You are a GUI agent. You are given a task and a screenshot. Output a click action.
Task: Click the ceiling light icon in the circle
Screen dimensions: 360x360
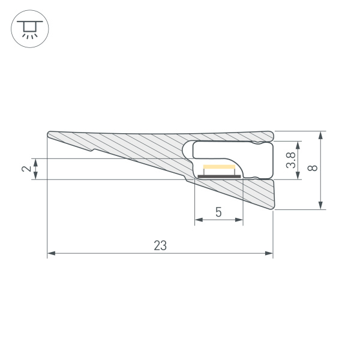29,29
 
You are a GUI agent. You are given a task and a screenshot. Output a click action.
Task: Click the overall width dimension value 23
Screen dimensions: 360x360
160,245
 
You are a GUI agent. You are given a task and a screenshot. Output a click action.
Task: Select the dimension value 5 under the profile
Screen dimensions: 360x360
218,212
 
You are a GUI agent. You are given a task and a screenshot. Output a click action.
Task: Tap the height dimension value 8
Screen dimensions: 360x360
311,169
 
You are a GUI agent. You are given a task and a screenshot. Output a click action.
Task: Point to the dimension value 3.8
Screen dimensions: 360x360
290,160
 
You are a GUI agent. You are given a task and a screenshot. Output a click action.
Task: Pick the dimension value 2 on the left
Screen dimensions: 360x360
26,169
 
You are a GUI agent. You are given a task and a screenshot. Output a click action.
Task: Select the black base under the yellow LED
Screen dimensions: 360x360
219,176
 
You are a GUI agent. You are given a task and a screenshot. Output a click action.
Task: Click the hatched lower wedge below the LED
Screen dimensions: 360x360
252,192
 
